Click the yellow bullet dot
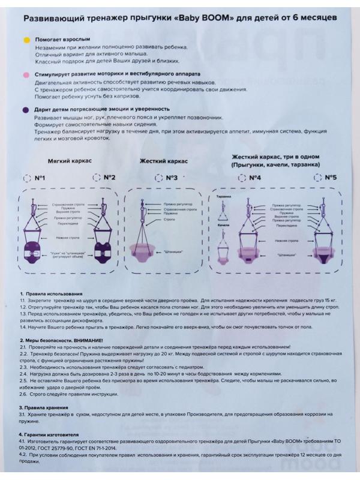coord(26,39)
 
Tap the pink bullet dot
coord(26,75)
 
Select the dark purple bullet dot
coord(26,110)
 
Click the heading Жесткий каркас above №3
coord(164,161)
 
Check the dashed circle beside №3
coord(158,178)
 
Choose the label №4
coord(254,178)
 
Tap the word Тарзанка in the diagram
coord(223,196)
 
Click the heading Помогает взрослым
coord(59,39)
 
